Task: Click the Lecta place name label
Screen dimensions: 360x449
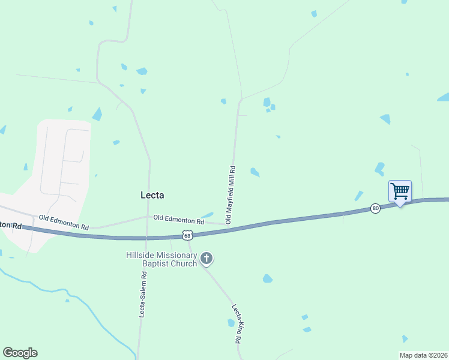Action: tap(152, 195)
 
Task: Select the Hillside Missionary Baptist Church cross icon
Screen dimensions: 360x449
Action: tap(206, 259)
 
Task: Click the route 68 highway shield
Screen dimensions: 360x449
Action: tap(188, 235)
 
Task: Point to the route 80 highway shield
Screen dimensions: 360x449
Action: tap(375, 208)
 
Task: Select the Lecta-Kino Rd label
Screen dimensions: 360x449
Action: tap(237, 324)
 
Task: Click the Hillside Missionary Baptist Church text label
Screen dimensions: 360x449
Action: tap(161, 259)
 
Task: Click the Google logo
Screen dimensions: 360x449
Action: tap(20, 353)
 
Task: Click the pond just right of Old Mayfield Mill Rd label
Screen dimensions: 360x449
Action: tap(255, 172)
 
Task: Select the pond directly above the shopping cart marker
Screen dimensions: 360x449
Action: tap(379, 169)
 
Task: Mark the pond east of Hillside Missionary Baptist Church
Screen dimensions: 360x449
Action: tap(267, 278)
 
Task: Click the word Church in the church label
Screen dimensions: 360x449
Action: tap(183, 264)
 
